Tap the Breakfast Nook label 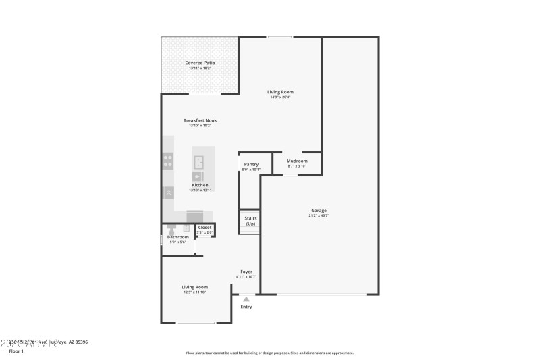200,120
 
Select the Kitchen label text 200,185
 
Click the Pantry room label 251,164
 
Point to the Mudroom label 297,161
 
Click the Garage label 319,210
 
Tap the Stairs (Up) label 250,221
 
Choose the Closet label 205,228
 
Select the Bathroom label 178,237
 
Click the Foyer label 246,272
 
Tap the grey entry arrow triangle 246,298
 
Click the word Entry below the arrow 246,307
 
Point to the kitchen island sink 200,161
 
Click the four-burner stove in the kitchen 167,161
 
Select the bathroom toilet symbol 171,228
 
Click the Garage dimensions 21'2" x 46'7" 319,215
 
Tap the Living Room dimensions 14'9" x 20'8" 280,97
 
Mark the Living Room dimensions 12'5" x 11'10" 194,292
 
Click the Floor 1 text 16,351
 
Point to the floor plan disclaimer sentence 269,353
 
